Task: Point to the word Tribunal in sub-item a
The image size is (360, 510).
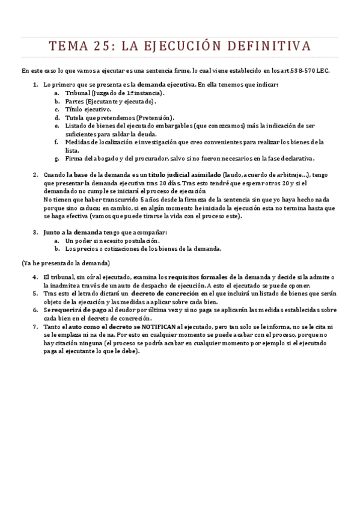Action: pos(78,93)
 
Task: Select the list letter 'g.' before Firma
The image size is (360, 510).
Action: pos(56,159)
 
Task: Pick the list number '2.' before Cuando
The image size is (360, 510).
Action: pos(35,174)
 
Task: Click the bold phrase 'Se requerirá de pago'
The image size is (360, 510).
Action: pos(73,310)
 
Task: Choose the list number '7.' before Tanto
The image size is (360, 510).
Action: pos(35,327)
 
